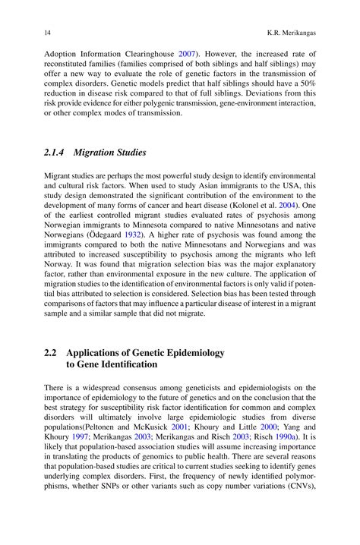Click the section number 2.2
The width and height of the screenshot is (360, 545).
click(51, 354)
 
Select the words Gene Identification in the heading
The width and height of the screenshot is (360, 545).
click(117, 365)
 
